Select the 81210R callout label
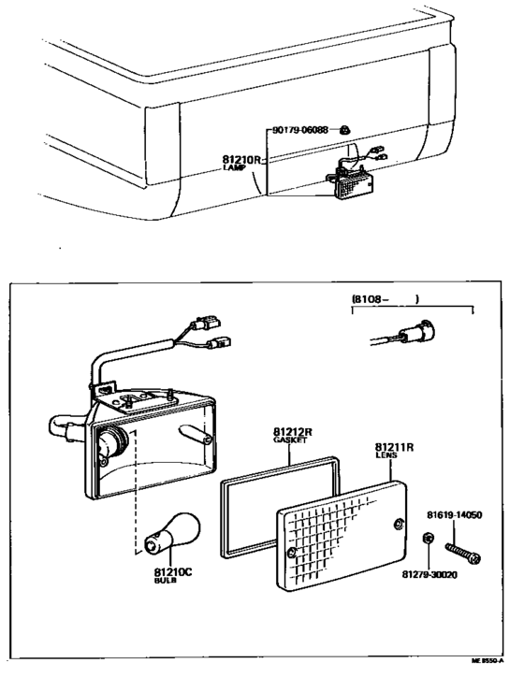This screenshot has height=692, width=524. (242, 159)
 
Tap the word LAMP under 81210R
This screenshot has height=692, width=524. (235, 168)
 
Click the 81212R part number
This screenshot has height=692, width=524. (293, 432)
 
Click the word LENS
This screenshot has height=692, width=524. (386, 457)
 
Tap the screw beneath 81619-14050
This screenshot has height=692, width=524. (464, 547)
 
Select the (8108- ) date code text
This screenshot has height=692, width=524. (385, 299)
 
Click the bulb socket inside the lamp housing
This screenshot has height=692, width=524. (113, 440)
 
